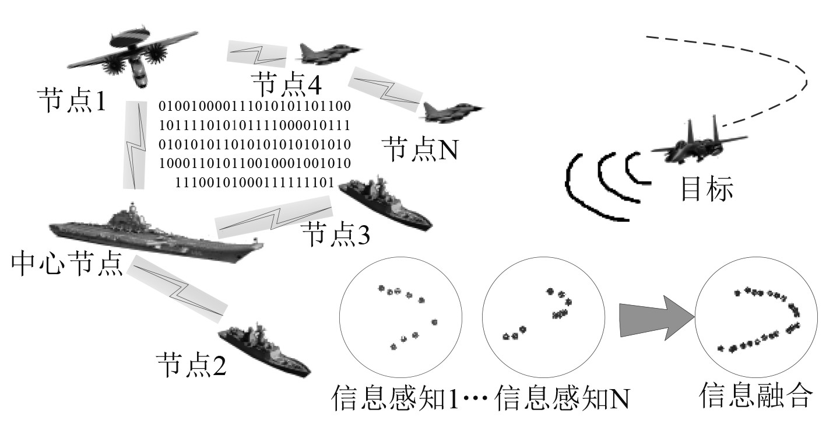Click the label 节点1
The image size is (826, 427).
pos(72,100)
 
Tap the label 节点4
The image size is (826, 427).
pos(286,84)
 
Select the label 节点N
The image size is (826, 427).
pos(420,149)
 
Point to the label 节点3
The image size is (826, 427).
pos(336,233)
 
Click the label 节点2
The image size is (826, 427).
pos(191,364)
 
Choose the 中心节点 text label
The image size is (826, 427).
pos(66,264)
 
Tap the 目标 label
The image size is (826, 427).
pos(707,188)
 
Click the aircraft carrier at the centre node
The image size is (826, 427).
pos(156,233)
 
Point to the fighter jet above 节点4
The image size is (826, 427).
pos(329,54)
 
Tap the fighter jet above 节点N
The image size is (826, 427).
pos(452,112)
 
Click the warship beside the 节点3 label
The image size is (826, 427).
pos(385,204)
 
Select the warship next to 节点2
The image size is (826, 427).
pos(265,349)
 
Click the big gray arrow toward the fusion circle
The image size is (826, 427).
pos(657,317)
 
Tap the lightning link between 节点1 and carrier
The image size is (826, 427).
pos(134,145)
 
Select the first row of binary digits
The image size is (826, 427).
pos(255,106)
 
